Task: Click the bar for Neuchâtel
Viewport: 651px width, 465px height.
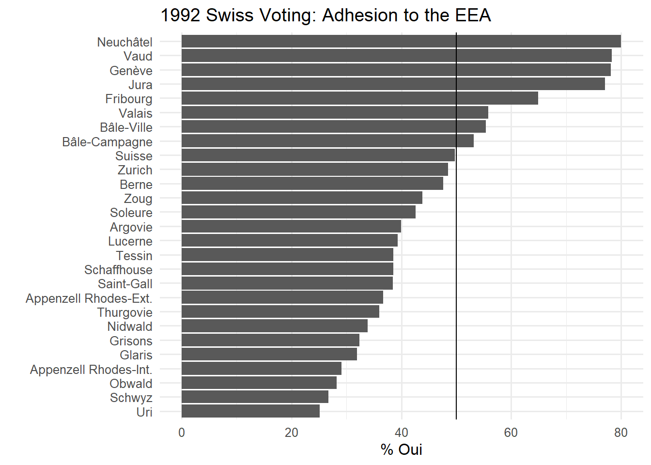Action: (401, 41)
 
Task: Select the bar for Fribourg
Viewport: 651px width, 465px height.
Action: (359, 98)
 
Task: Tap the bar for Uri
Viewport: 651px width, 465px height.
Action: (250, 411)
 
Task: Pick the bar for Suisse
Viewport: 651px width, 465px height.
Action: (318, 155)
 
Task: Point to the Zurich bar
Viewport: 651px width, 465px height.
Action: (314, 170)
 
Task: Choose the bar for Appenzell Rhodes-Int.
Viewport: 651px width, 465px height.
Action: (261, 369)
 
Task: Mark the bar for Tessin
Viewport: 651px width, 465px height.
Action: (287, 255)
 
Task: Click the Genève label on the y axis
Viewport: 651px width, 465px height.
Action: (131, 71)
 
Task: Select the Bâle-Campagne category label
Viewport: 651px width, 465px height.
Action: (107, 142)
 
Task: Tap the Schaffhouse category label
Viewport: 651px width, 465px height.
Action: (118, 270)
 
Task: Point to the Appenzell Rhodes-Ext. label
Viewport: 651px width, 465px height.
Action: (89, 298)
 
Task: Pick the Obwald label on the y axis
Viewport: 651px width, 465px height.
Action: (131, 384)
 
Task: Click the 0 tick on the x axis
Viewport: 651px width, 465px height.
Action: (182, 433)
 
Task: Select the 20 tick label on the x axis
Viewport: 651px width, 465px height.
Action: (292, 433)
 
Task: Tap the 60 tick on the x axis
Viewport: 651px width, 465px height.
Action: (511, 433)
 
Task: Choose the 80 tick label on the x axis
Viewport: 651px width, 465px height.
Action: (620, 433)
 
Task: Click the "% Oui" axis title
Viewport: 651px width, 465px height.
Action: (401, 449)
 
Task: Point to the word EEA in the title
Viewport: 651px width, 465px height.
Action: (472, 15)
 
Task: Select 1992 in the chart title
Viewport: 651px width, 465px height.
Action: (180, 15)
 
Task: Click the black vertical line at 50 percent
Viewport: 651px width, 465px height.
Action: (456, 291)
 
